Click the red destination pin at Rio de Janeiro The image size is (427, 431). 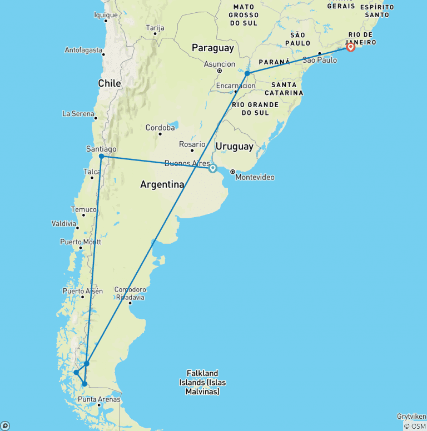351,47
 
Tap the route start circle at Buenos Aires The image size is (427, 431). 213,168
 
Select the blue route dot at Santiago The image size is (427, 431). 101,157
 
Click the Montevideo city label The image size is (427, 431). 255,177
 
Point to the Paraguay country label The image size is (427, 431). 213,48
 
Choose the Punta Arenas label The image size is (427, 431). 99,399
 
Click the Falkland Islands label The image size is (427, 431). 202,382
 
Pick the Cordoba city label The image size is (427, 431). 160,128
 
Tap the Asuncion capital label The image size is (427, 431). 220,64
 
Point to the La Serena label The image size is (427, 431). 78,114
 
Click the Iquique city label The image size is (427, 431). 106,15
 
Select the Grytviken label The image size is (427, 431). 412,416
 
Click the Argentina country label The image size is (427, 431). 162,184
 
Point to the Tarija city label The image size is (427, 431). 155,27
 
